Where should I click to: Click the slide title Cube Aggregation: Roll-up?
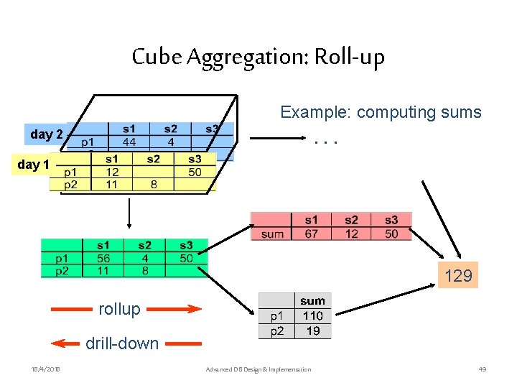(258, 57)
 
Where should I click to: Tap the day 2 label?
(47, 134)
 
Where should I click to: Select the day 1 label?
(33, 165)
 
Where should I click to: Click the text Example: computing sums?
(381, 113)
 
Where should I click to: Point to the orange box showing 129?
(458, 276)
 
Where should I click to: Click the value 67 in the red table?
(312, 234)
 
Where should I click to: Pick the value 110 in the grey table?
(312, 315)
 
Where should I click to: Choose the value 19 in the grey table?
(313, 331)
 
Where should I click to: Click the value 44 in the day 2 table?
(129, 142)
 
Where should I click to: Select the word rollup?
(119, 309)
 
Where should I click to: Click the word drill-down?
(122, 343)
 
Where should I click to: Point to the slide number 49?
(483, 369)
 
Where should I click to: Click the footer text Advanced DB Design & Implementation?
(258, 369)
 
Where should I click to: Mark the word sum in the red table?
(273, 234)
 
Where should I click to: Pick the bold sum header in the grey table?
(313, 300)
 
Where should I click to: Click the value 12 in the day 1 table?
(113, 172)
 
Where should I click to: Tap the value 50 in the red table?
(391, 234)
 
